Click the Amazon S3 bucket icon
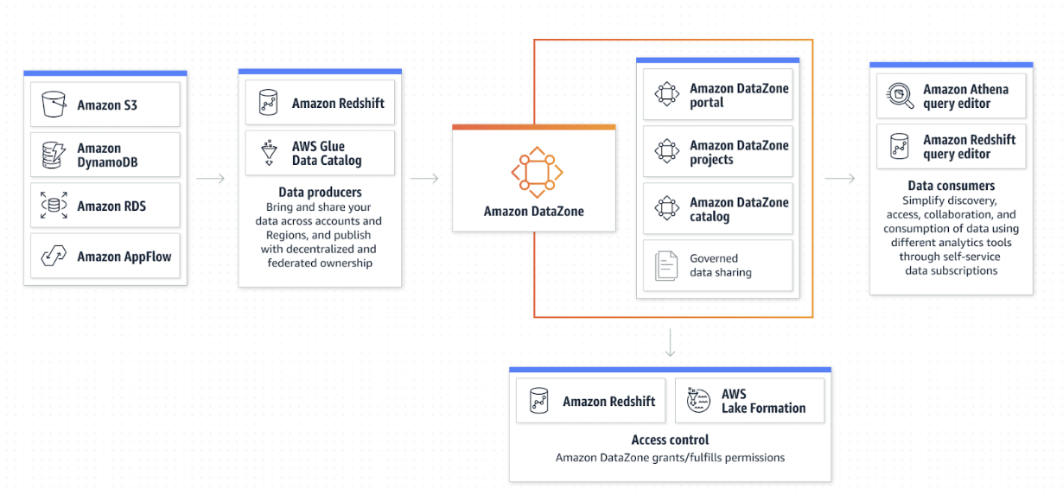click(54, 104)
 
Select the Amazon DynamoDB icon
click(54, 155)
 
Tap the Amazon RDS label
click(111, 206)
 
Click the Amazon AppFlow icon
click(54, 256)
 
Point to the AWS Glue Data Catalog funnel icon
click(269, 153)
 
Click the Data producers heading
click(320, 192)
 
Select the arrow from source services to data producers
click(210, 178)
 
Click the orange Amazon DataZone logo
click(537, 172)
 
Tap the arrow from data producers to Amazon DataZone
click(424, 178)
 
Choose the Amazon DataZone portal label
click(739, 95)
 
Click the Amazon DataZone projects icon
click(666, 151)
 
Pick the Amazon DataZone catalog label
click(739, 209)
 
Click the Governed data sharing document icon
click(666, 265)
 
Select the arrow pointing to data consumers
click(840, 178)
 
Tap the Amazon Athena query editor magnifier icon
click(900, 96)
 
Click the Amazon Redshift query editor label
click(969, 147)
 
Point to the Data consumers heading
click(951, 186)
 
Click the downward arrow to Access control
click(670, 342)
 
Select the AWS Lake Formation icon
click(698, 400)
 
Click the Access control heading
click(670, 440)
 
